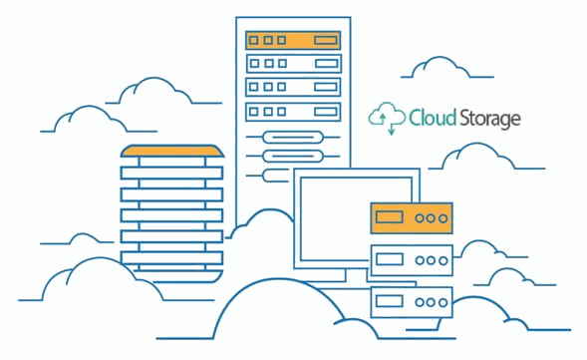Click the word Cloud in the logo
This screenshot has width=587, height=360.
tap(433, 118)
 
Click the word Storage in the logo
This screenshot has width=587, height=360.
tap(489, 119)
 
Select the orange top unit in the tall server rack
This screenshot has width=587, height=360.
tap(293, 40)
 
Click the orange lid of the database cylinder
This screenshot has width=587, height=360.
tap(172, 151)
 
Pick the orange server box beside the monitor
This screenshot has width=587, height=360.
tap(412, 218)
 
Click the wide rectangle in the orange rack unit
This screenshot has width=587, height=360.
tap(326, 40)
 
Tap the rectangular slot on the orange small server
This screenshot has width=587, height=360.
tap(390, 217)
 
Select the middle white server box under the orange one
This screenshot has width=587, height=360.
tap(412, 260)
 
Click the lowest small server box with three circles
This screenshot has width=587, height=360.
tap(412, 302)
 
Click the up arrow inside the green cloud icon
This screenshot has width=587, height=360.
tap(383, 119)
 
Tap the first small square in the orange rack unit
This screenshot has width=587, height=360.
tap(254, 40)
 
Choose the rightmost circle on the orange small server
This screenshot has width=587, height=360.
tap(443, 218)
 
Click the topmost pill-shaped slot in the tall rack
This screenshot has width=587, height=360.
tap(293, 137)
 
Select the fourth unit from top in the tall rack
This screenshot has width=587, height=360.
tap(293, 112)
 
